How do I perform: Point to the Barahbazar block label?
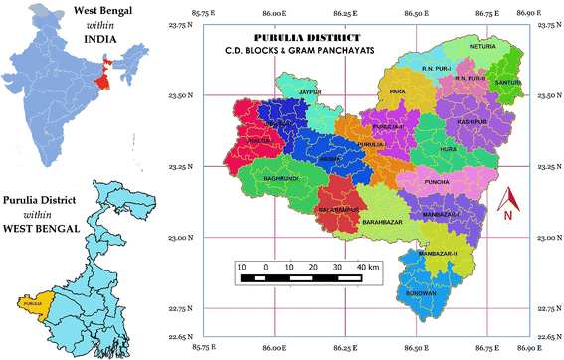[382, 221]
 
